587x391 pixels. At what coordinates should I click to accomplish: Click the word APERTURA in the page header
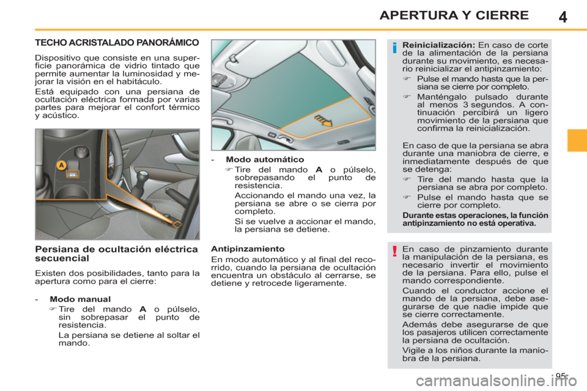coord(413,15)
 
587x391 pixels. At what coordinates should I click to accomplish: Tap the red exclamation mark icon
coord(396,252)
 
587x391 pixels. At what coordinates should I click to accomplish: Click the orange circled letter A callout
coord(61,165)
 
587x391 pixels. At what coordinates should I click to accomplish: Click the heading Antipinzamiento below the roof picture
coord(246,249)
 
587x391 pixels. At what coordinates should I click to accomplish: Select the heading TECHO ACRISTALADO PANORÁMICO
coord(116,43)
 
